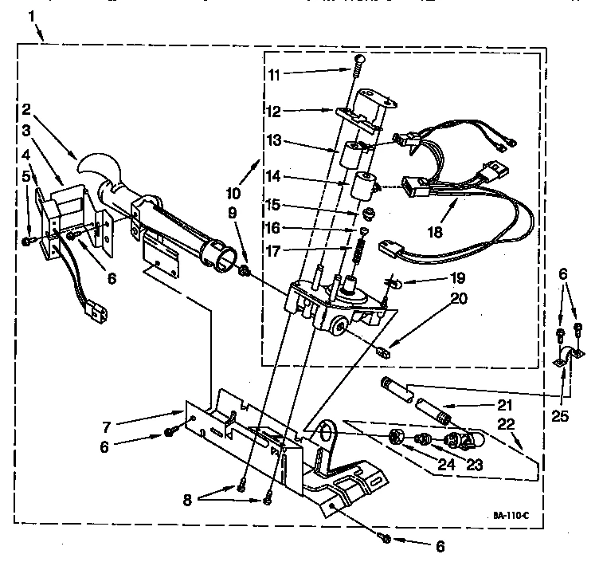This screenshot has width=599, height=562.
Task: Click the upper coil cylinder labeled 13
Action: (348, 153)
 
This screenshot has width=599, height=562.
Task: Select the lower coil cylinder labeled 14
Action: (365, 189)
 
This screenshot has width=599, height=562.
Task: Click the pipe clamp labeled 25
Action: (564, 358)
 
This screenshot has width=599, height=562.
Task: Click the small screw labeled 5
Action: (28, 241)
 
